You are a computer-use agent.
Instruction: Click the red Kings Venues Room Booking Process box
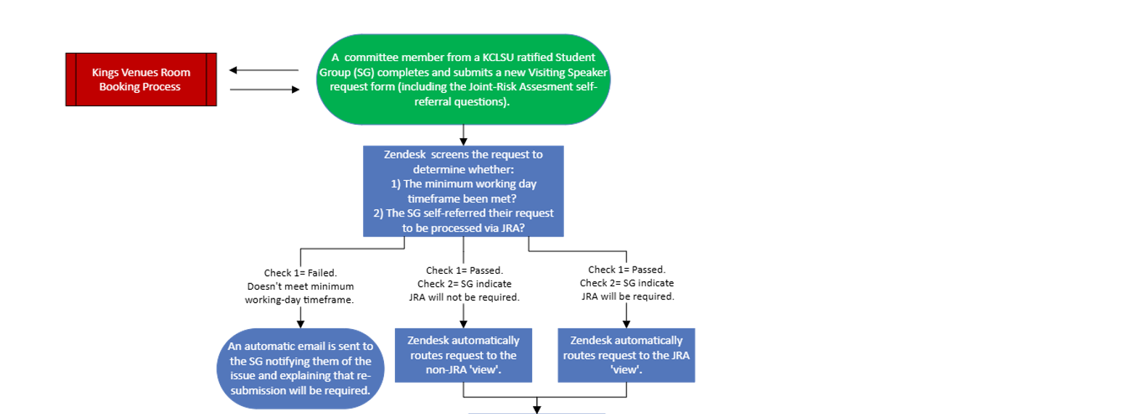point(141,80)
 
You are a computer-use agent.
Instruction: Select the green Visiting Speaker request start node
point(463,80)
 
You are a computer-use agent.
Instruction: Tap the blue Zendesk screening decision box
point(463,191)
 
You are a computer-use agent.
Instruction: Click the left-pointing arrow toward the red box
point(264,70)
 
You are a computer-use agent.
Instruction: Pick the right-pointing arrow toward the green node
point(264,89)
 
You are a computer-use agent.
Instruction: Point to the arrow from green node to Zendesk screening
point(463,136)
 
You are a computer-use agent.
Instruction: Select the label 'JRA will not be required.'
point(463,297)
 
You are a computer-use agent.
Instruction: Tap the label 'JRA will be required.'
point(627,296)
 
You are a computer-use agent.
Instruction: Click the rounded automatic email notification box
point(300,365)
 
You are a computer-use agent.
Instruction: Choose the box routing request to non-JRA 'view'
point(463,355)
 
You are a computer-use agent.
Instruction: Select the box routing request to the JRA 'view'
point(626,355)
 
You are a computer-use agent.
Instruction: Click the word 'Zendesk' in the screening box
point(407,155)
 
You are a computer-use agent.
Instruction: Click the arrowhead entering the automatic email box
point(300,324)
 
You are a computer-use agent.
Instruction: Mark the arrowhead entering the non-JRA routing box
point(463,324)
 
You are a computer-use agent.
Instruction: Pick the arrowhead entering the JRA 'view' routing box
point(627,324)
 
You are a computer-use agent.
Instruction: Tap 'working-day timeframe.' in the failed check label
point(300,299)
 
